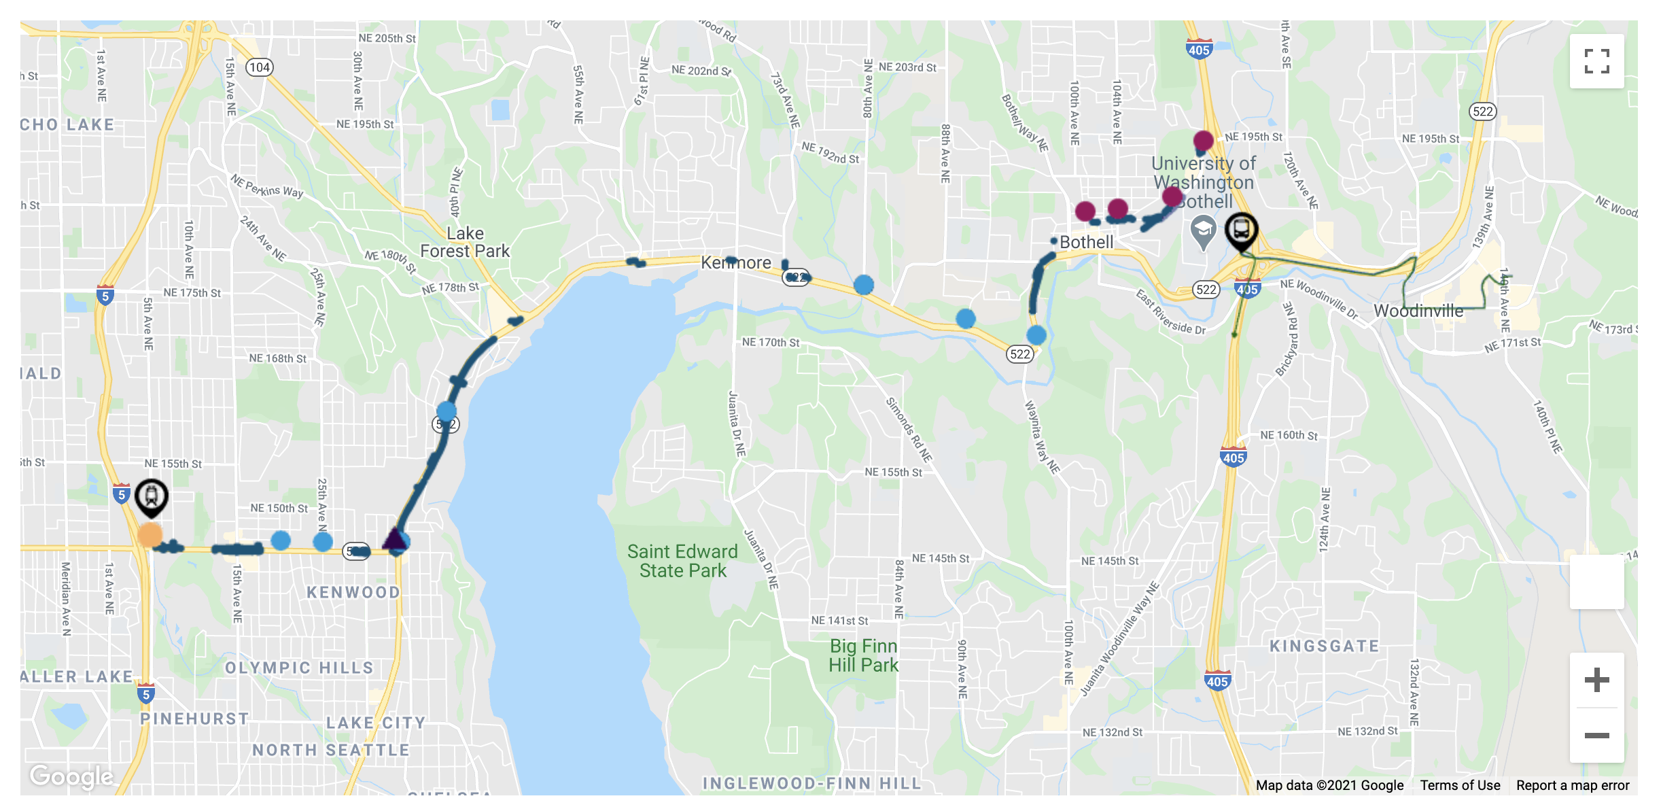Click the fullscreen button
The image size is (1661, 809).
(1596, 61)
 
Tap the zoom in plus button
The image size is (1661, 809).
(1596, 680)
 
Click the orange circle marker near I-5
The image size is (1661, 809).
(150, 535)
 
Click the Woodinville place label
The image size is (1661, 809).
(1418, 311)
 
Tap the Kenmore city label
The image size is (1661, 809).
(736, 262)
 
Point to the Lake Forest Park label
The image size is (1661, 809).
(465, 242)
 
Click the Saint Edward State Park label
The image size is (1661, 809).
(682, 561)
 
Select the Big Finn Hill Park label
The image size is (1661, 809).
(863, 655)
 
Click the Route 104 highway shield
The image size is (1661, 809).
(260, 67)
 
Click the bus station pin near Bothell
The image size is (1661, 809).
(1242, 231)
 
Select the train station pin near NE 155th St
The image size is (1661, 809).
(151, 497)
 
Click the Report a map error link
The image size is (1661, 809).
(1573, 785)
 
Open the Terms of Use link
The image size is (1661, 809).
(1460, 785)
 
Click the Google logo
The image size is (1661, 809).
(71, 776)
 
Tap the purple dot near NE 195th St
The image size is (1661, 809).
(1204, 141)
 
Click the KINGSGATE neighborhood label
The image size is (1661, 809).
(1325, 646)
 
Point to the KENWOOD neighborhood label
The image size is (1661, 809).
(353, 592)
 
